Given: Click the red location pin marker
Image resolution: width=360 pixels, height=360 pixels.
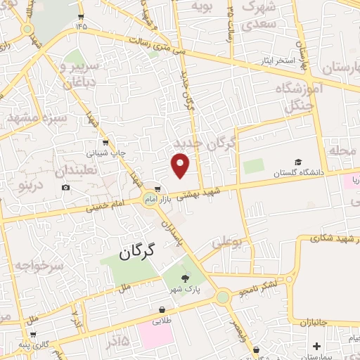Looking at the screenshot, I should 181,165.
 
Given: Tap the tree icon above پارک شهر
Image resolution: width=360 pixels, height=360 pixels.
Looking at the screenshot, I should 185,279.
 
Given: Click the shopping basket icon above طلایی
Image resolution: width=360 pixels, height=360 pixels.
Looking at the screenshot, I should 162,309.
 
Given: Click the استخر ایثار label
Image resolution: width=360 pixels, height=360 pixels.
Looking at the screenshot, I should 276,60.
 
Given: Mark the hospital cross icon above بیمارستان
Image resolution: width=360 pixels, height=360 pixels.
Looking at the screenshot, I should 316,346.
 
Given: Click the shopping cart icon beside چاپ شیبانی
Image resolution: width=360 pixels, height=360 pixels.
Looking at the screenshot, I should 105,141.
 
